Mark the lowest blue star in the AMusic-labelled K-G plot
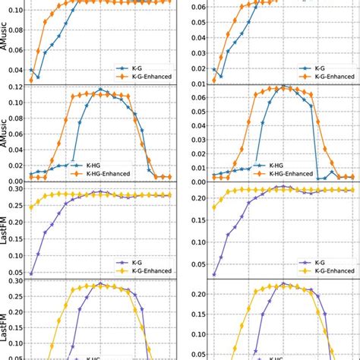(x=38, y=77)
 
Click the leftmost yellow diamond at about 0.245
(x=31, y=207)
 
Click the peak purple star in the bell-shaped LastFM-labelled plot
(x=100, y=284)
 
